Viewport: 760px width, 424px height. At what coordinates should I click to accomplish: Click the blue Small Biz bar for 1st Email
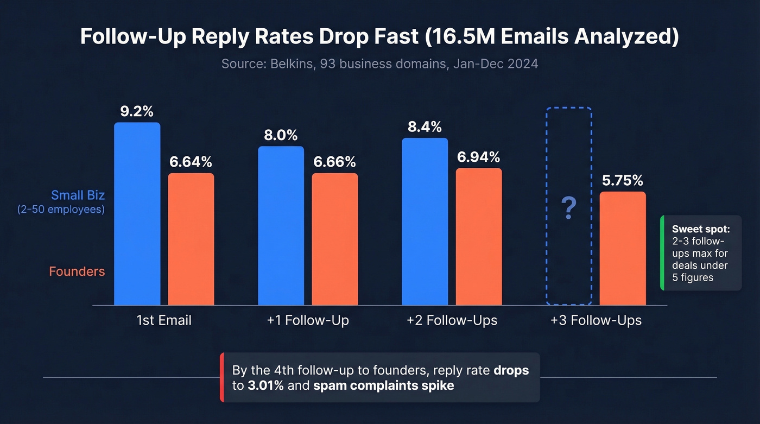click(137, 214)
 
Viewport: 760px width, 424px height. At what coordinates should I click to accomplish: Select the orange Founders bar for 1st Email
click(191, 239)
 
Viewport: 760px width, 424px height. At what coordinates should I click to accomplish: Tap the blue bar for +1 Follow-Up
click(281, 226)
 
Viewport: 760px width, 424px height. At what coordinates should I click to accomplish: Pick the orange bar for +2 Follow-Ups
click(479, 237)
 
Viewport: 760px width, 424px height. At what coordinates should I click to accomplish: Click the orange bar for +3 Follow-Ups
click(623, 249)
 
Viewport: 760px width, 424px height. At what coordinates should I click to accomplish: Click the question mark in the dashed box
click(568, 208)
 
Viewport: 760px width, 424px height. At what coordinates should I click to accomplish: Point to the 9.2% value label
click(137, 111)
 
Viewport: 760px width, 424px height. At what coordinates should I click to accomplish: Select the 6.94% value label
click(478, 157)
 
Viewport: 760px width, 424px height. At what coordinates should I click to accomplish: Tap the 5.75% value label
click(623, 181)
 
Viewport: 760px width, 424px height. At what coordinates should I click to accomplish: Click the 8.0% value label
click(281, 135)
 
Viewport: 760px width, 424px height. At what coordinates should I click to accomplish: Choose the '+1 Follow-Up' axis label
click(308, 320)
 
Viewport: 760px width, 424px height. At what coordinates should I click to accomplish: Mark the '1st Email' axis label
click(164, 320)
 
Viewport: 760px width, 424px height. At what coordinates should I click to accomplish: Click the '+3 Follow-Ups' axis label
click(596, 320)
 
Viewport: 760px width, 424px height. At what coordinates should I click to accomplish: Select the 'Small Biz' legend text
click(78, 195)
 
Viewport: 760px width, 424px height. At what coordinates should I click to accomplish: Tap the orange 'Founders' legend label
click(77, 271)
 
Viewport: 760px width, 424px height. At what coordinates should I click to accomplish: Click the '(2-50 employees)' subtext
click(61, 209)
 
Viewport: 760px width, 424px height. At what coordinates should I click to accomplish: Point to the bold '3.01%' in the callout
click(258, 387)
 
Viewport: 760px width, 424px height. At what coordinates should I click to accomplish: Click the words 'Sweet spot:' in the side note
click(700, 229)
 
